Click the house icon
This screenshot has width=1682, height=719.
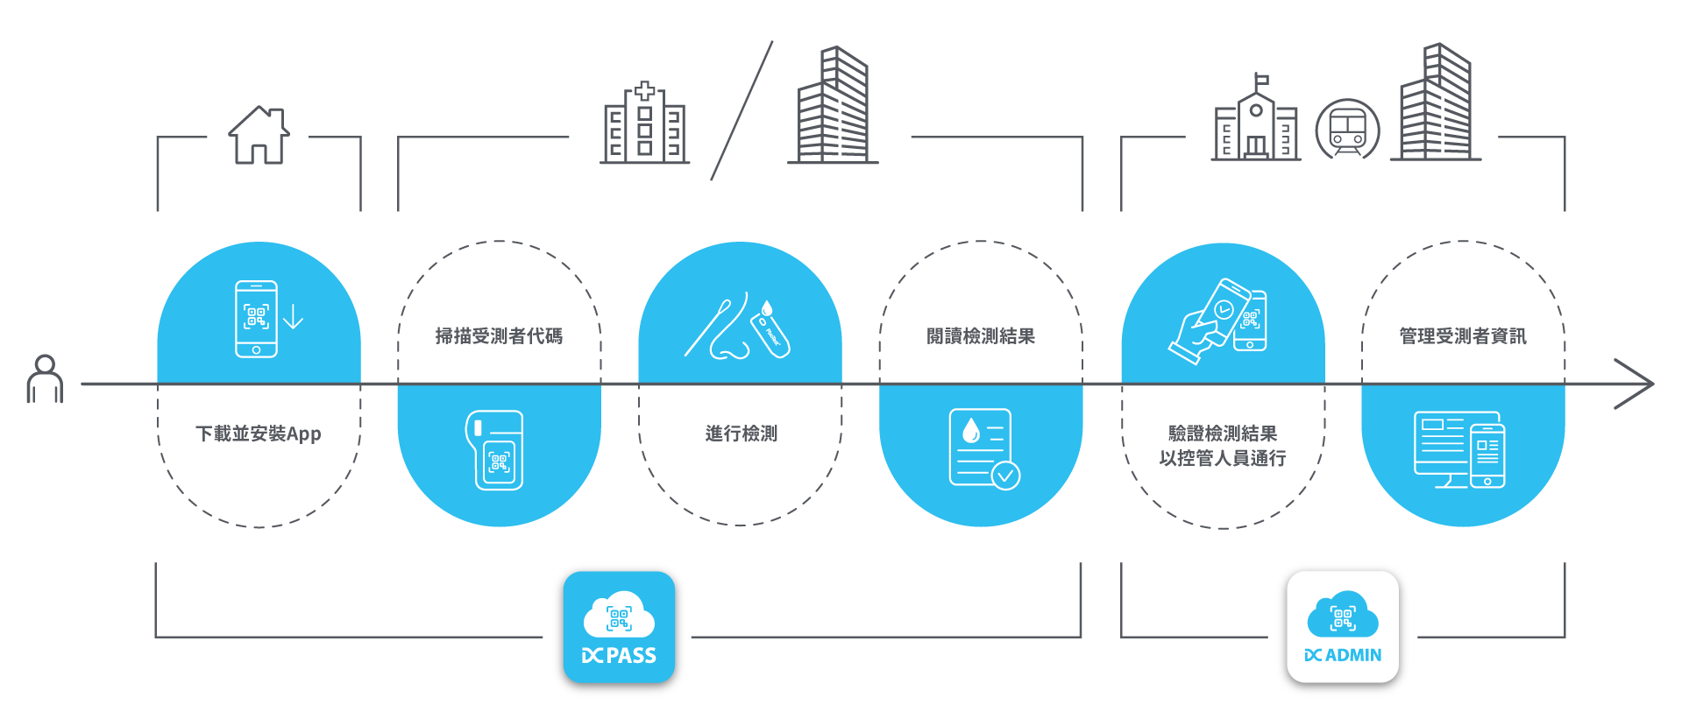(259, 135)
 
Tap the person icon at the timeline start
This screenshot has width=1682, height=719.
(45, 378)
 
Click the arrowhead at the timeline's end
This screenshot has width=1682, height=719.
(1635, 384)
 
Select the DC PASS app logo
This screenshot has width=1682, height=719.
(619, 627)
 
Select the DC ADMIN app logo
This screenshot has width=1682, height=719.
(1342, 627)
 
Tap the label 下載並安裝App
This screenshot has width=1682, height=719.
(259, 434)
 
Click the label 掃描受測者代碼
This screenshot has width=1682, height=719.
(499, 335)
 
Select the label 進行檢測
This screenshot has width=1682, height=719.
(741, 434)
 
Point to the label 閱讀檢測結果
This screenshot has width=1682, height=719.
(981, 335)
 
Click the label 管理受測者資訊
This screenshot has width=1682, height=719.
(1462, 335)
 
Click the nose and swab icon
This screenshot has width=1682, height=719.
(737, 327)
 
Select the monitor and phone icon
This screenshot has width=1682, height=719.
(1459, 449)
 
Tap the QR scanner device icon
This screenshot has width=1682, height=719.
(495, 450)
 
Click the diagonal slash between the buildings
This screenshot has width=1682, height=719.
(742, 110)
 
